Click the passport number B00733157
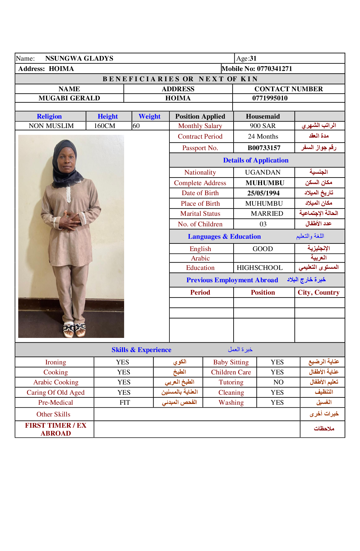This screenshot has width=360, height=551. click(x=264, y=148)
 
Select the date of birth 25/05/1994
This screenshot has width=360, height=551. click(x=263, y=193)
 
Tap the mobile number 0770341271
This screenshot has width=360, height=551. click(x=274, y=69)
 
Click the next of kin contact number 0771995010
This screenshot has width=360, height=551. click(x=270, y=98)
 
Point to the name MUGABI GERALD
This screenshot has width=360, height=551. click(x=69, y=98)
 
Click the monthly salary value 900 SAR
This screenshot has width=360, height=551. click(x=263, y=126)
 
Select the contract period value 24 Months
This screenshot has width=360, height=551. click(x=263, y=136)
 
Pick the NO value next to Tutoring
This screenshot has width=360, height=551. click(x=278, y=382)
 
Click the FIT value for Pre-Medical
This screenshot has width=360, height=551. click(x=125, y=402)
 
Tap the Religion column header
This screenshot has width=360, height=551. click(x=49, y=116)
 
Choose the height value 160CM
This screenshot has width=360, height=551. click(x=104, y=126)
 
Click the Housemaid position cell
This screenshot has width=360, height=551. click(x=263, y=116)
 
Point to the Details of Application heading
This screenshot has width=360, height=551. click(x=256, y=160)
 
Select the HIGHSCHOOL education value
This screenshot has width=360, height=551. click(x=260, y=268)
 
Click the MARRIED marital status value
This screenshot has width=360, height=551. click(x=267, y=213)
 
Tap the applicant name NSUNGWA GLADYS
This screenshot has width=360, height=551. click(x=79, y=58)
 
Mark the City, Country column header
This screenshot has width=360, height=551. click(x=319, y=292)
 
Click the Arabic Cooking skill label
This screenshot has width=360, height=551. click(x=56, y=382)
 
